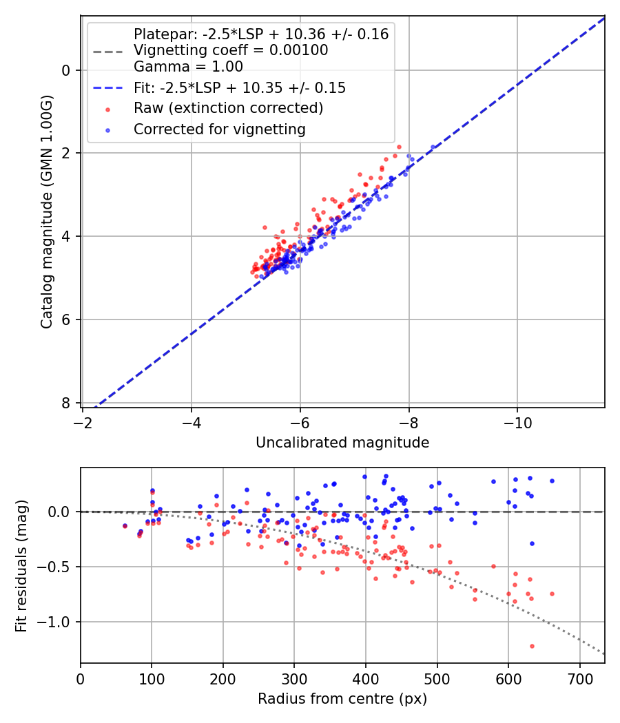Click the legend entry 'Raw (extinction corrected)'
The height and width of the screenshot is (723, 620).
click(228, 108)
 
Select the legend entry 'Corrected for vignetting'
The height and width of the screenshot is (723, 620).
click(219, 129)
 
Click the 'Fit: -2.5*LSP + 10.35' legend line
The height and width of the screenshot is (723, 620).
click(108, 88)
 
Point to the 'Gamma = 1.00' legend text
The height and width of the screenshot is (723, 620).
click(188, 67)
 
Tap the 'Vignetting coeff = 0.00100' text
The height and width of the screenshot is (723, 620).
click(231, 50)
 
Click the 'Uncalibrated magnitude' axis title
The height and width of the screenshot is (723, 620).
click(342, 443)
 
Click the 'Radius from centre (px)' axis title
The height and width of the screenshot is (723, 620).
click(342, 699)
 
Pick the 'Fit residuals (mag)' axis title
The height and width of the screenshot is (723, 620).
click(22, 566)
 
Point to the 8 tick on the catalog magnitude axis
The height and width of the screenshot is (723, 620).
click(66, 403)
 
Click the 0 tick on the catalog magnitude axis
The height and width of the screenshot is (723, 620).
click(66, 70)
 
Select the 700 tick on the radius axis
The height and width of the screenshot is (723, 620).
click(579, 678)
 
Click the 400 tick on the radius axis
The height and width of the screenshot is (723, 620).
click(366, 678)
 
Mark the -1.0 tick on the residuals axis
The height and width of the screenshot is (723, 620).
click(55, 622)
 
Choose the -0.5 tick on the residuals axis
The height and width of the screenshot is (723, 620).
click(55, 567)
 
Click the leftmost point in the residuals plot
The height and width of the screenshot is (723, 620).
click(125, 525)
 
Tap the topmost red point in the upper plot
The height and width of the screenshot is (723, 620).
click(398, 147)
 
